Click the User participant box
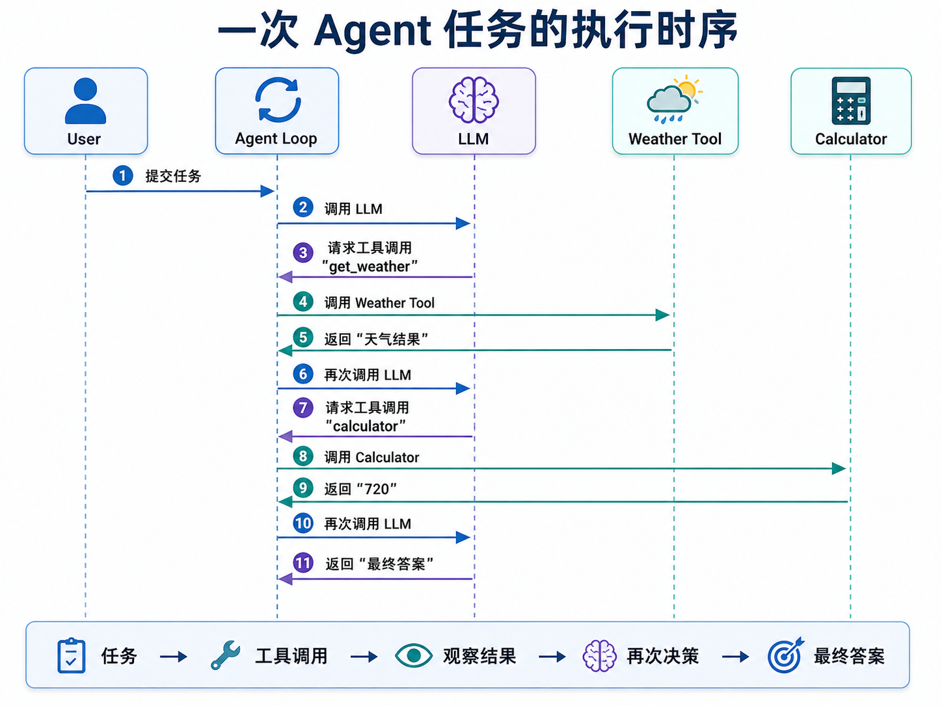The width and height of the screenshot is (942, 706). click(86, 111)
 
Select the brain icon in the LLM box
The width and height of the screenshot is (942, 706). click(474, 100)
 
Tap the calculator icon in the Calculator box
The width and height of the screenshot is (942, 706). click(851, 101)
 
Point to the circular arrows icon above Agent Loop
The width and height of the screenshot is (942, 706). click(278, 100)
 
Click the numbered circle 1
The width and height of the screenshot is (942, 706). click(122, 176)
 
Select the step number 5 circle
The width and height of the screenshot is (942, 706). click(303, 337)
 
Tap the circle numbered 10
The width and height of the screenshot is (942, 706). click(303, 523)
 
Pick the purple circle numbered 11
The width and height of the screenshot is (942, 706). click(303, 563)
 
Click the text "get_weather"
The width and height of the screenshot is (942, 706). click(370, 267)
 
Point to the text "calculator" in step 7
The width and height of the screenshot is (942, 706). click(366, 426)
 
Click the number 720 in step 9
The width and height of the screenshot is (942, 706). click(377, 489)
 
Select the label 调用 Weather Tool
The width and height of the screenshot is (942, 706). click(379, 303)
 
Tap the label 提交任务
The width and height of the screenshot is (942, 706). click(173, 176)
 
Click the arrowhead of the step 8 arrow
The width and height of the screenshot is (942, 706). click(839, 469)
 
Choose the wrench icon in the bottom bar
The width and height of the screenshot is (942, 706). click(225, 655)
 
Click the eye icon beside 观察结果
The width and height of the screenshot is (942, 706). click(413, 655)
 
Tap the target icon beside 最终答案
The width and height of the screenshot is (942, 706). click(785, 655)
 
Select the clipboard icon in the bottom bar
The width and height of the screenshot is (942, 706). click(72, 655)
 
